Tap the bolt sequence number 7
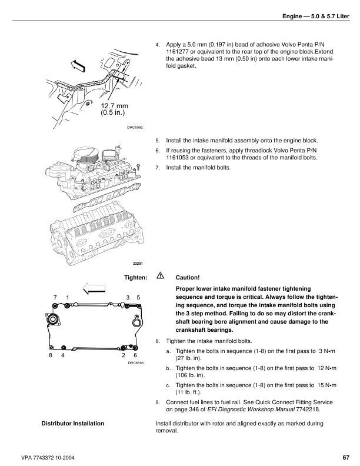[55, 298]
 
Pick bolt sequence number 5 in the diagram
[138, 298]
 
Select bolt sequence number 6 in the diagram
[135, 355]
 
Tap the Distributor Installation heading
[73, 424]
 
